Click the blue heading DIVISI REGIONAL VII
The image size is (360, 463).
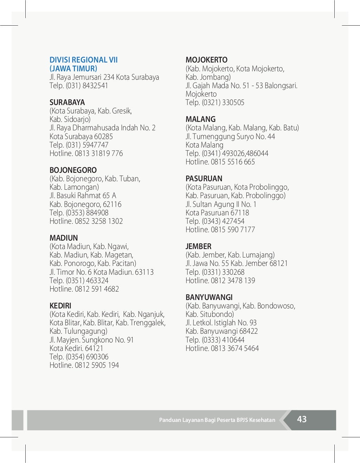tap(84, 60)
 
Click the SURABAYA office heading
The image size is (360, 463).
tap(67, 103)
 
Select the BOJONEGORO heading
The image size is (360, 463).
tap(73, 170)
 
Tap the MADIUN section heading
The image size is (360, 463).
tap(64, 238)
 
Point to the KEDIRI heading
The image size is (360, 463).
tap(60, 306)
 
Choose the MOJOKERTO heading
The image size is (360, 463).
tap(206, 60)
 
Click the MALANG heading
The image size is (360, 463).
tap(200, 119)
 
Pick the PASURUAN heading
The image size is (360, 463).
tap(204, 179)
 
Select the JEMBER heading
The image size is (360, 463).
tap(198, 247)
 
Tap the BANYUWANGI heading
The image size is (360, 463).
tap(209, 298)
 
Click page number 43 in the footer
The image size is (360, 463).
tap(302, 419)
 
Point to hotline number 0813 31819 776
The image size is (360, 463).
tap(99, 154)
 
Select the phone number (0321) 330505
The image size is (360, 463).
tap(223, 103)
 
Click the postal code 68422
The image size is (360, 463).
tap(249, 331)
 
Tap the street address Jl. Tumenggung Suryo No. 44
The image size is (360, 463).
tap(230, 137)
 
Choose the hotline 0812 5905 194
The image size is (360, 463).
tap(97, 365)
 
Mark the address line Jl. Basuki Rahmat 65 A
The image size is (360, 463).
tap(83, 196)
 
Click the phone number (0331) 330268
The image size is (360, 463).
tap(223, 272)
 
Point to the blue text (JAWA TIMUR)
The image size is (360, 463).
tap(73, 69)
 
